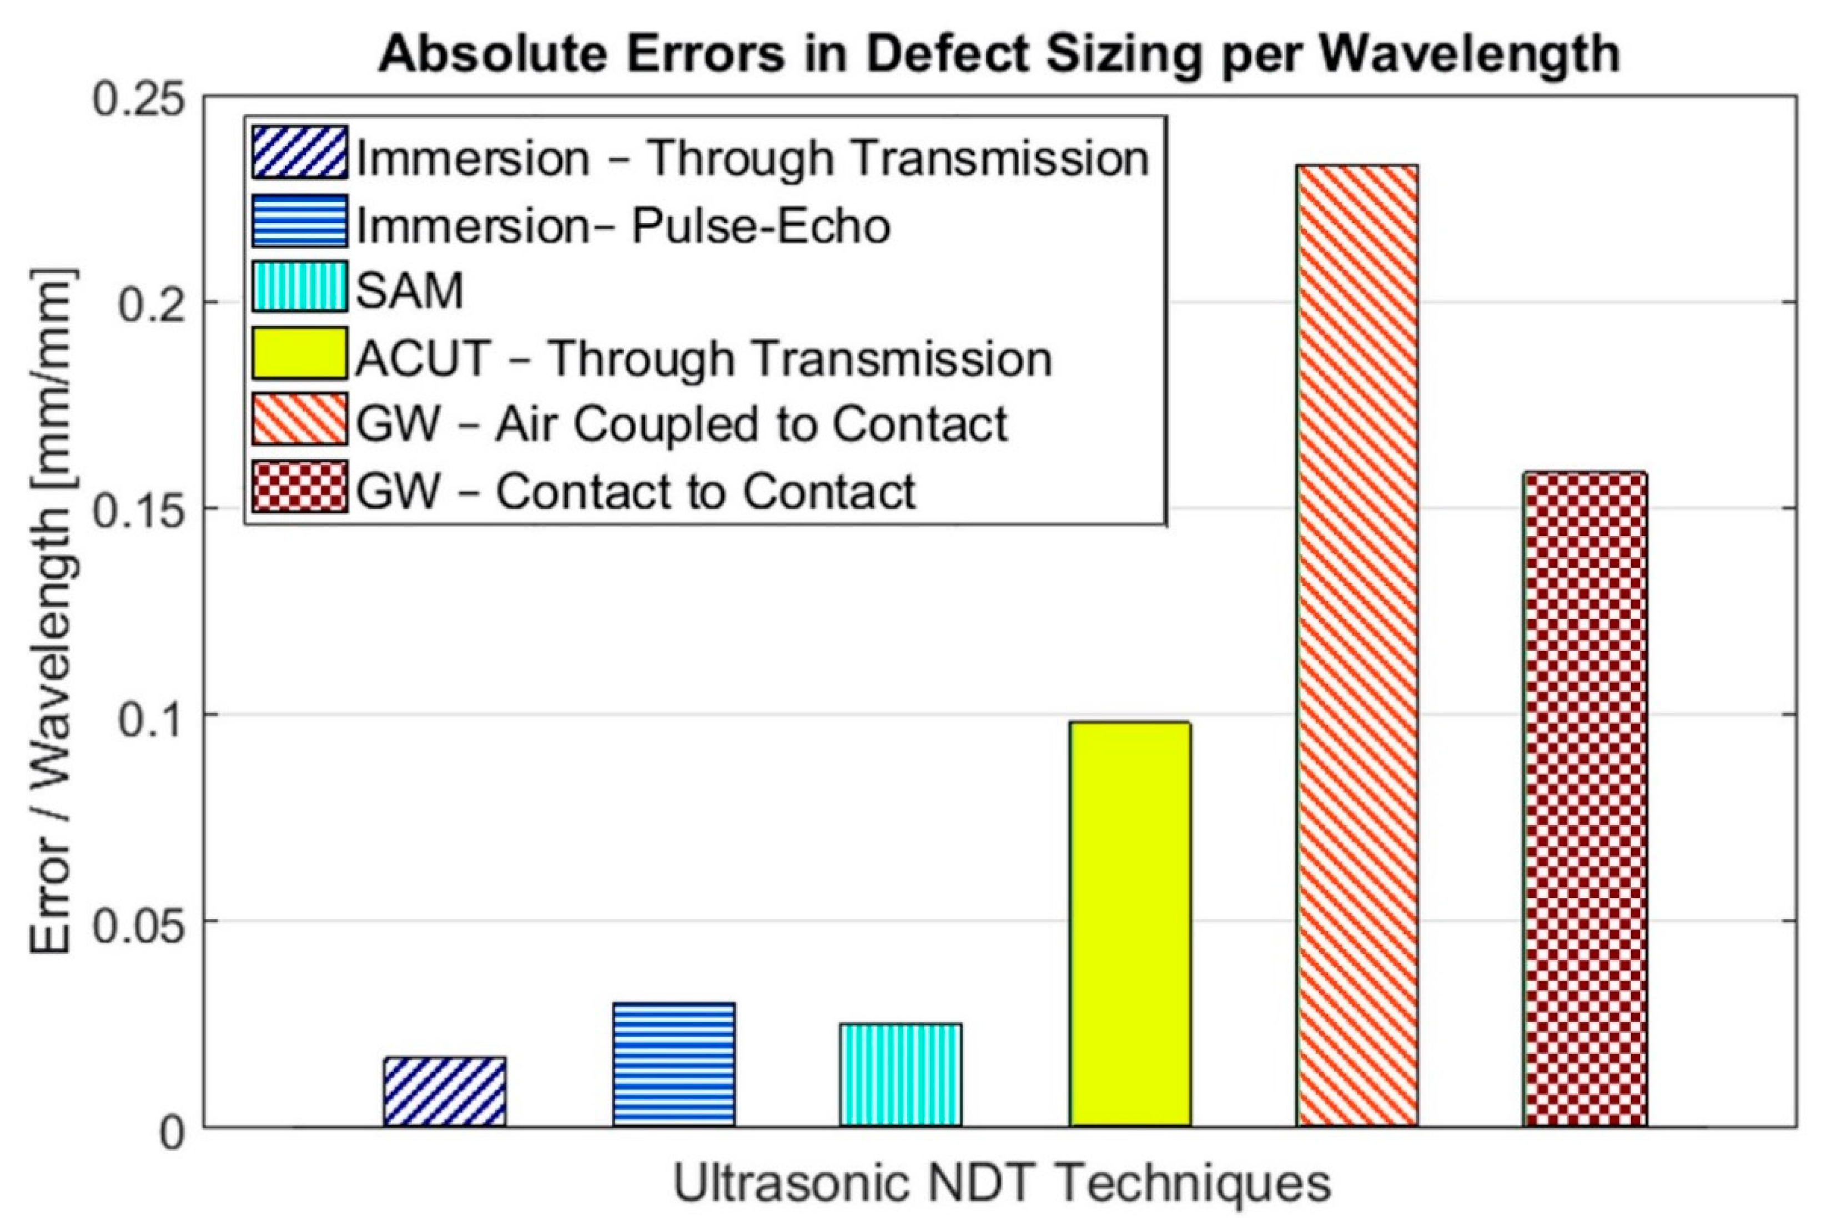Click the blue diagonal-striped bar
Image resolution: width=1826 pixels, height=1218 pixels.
445,1091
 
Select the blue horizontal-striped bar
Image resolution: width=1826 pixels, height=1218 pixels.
673,1064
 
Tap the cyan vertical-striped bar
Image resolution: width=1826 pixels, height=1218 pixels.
901,1074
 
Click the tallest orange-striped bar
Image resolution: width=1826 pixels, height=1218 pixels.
1357,645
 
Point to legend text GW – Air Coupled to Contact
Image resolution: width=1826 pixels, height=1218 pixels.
681,424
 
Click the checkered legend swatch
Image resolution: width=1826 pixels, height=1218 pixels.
299,488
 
